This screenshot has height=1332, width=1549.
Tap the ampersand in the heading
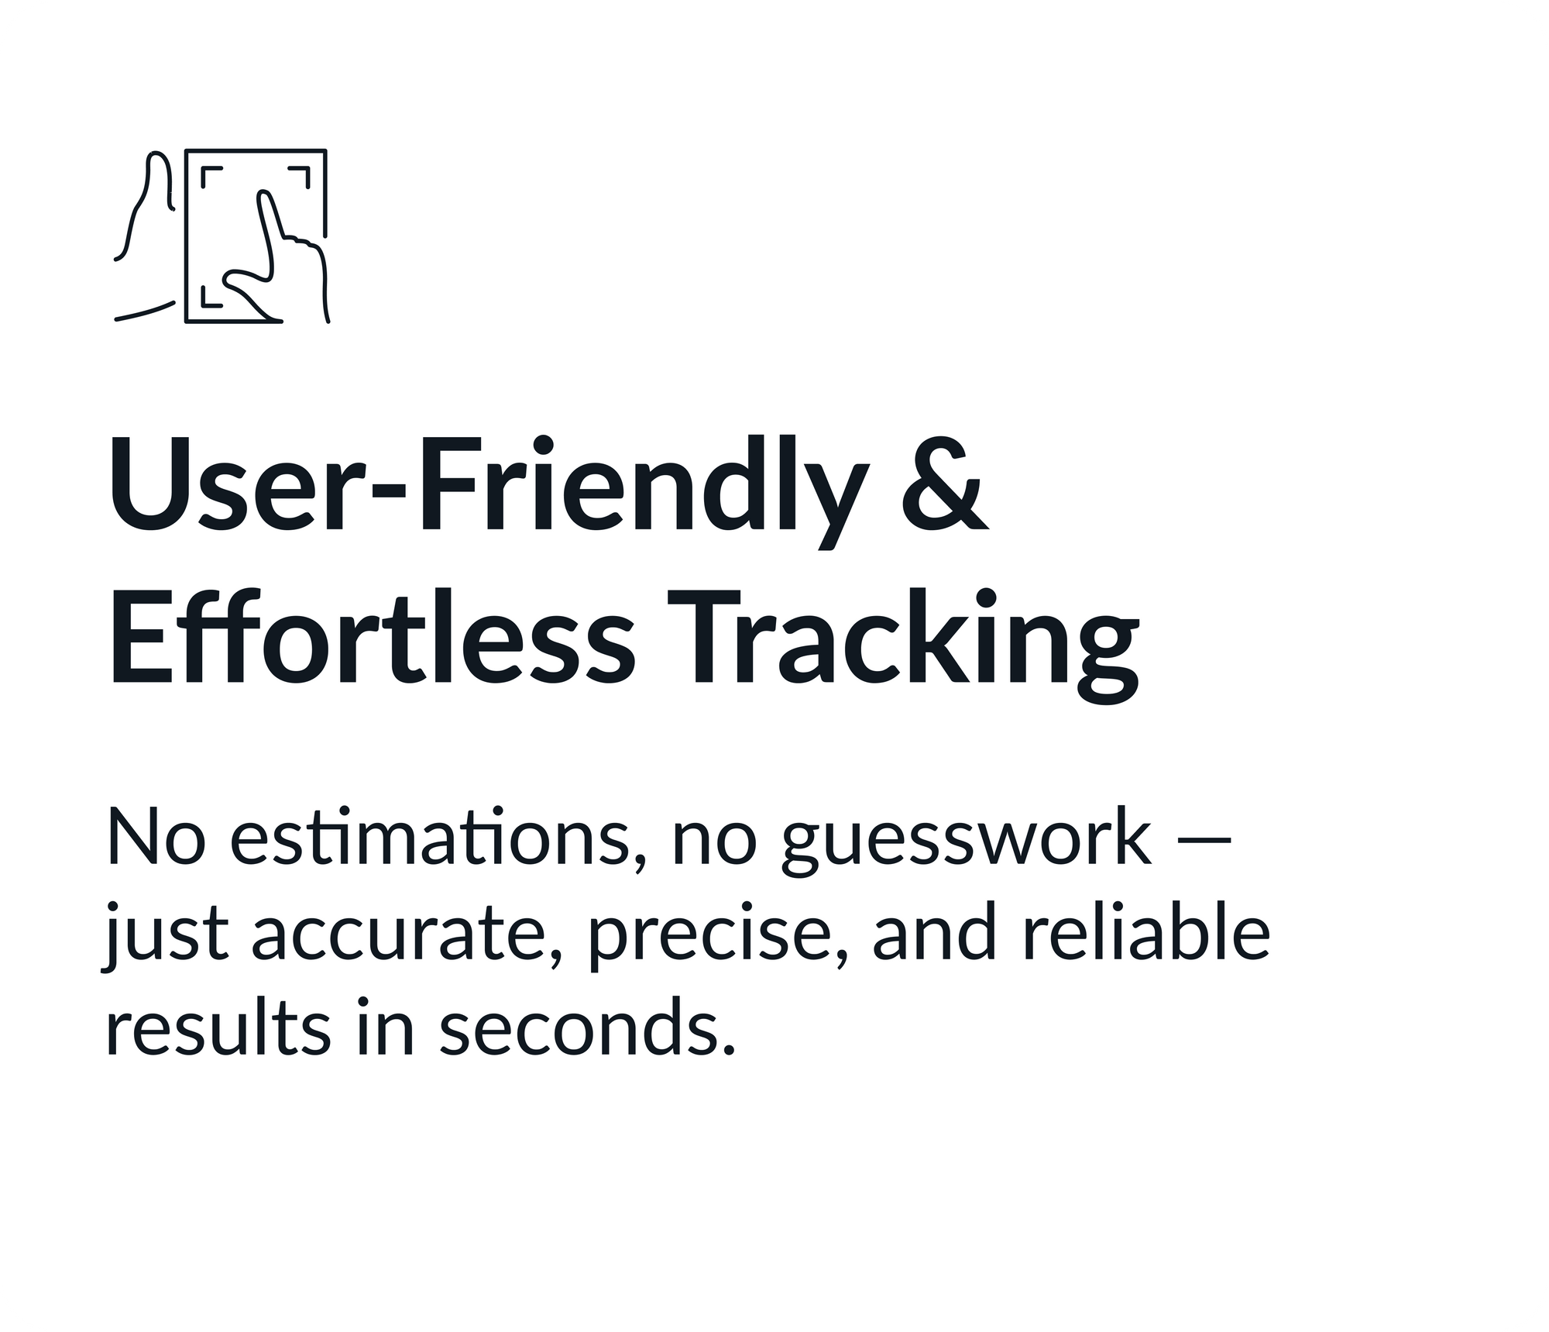point(945,486)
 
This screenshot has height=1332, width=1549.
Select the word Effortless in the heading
point(373,638)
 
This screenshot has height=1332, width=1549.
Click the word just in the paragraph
point(165,936)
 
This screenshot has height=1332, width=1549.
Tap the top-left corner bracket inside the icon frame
point(211,177)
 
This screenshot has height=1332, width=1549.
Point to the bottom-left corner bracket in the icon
point(211,296)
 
